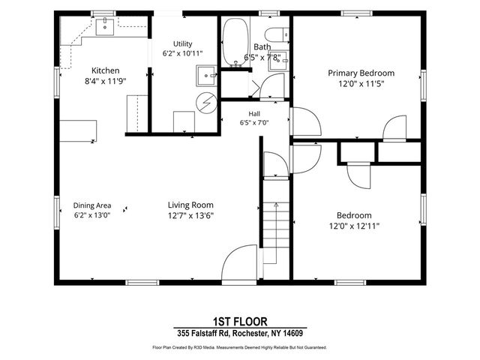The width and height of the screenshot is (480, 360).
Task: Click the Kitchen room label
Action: (x=105, y=70)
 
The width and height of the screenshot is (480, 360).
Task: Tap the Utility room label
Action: (x=182, y=43)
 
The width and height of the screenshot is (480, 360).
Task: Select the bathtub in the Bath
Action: (x=235, y=42)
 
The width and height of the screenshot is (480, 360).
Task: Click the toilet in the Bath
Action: (x=277, y=35)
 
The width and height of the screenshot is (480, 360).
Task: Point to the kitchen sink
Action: (x=105, y=27)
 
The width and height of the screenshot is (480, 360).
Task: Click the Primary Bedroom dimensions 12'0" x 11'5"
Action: (x=361, y=83)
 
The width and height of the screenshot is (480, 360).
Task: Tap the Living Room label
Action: (x=190, y=205)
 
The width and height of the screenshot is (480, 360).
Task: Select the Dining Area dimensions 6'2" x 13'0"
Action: (x=91, y=215)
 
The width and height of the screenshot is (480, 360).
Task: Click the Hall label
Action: (x=254, y=114)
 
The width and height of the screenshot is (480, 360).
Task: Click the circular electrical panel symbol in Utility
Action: (x=206, y=103)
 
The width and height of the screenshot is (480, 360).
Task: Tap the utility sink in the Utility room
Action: (x=206, y=75)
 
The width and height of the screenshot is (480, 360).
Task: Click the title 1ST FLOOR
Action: (x=240, y=322)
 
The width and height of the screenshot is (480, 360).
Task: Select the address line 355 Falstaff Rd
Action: (x=240, y=333)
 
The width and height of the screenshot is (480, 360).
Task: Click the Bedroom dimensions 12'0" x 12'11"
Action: (x=354, y=226)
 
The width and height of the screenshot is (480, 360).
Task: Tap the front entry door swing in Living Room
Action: (x=239, y=262)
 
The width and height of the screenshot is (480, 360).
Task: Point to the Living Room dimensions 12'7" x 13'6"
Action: (x=190, y=215)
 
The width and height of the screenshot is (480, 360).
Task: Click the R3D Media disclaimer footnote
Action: (x=240, y=347)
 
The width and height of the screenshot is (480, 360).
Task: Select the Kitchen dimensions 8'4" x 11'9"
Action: (x=105, y=81)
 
